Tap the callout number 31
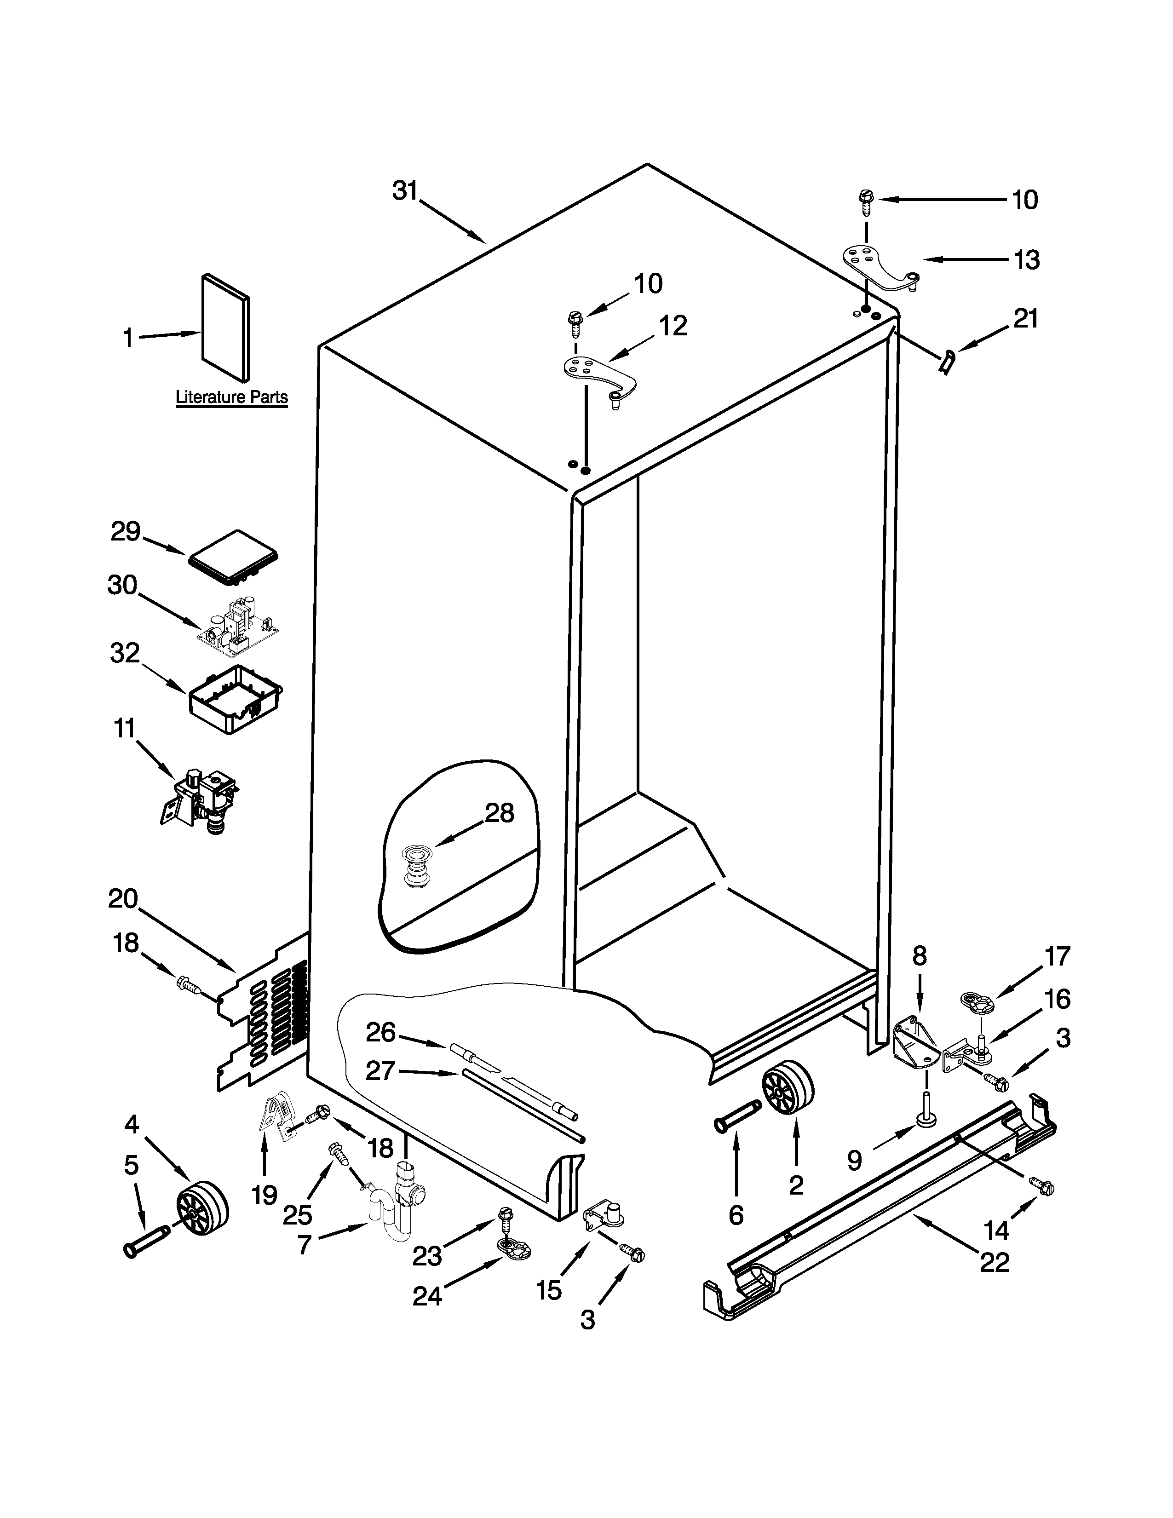pyautogui.click(x=405, y=190)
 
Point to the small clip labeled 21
pyautogui.click(x=946, y=362)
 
